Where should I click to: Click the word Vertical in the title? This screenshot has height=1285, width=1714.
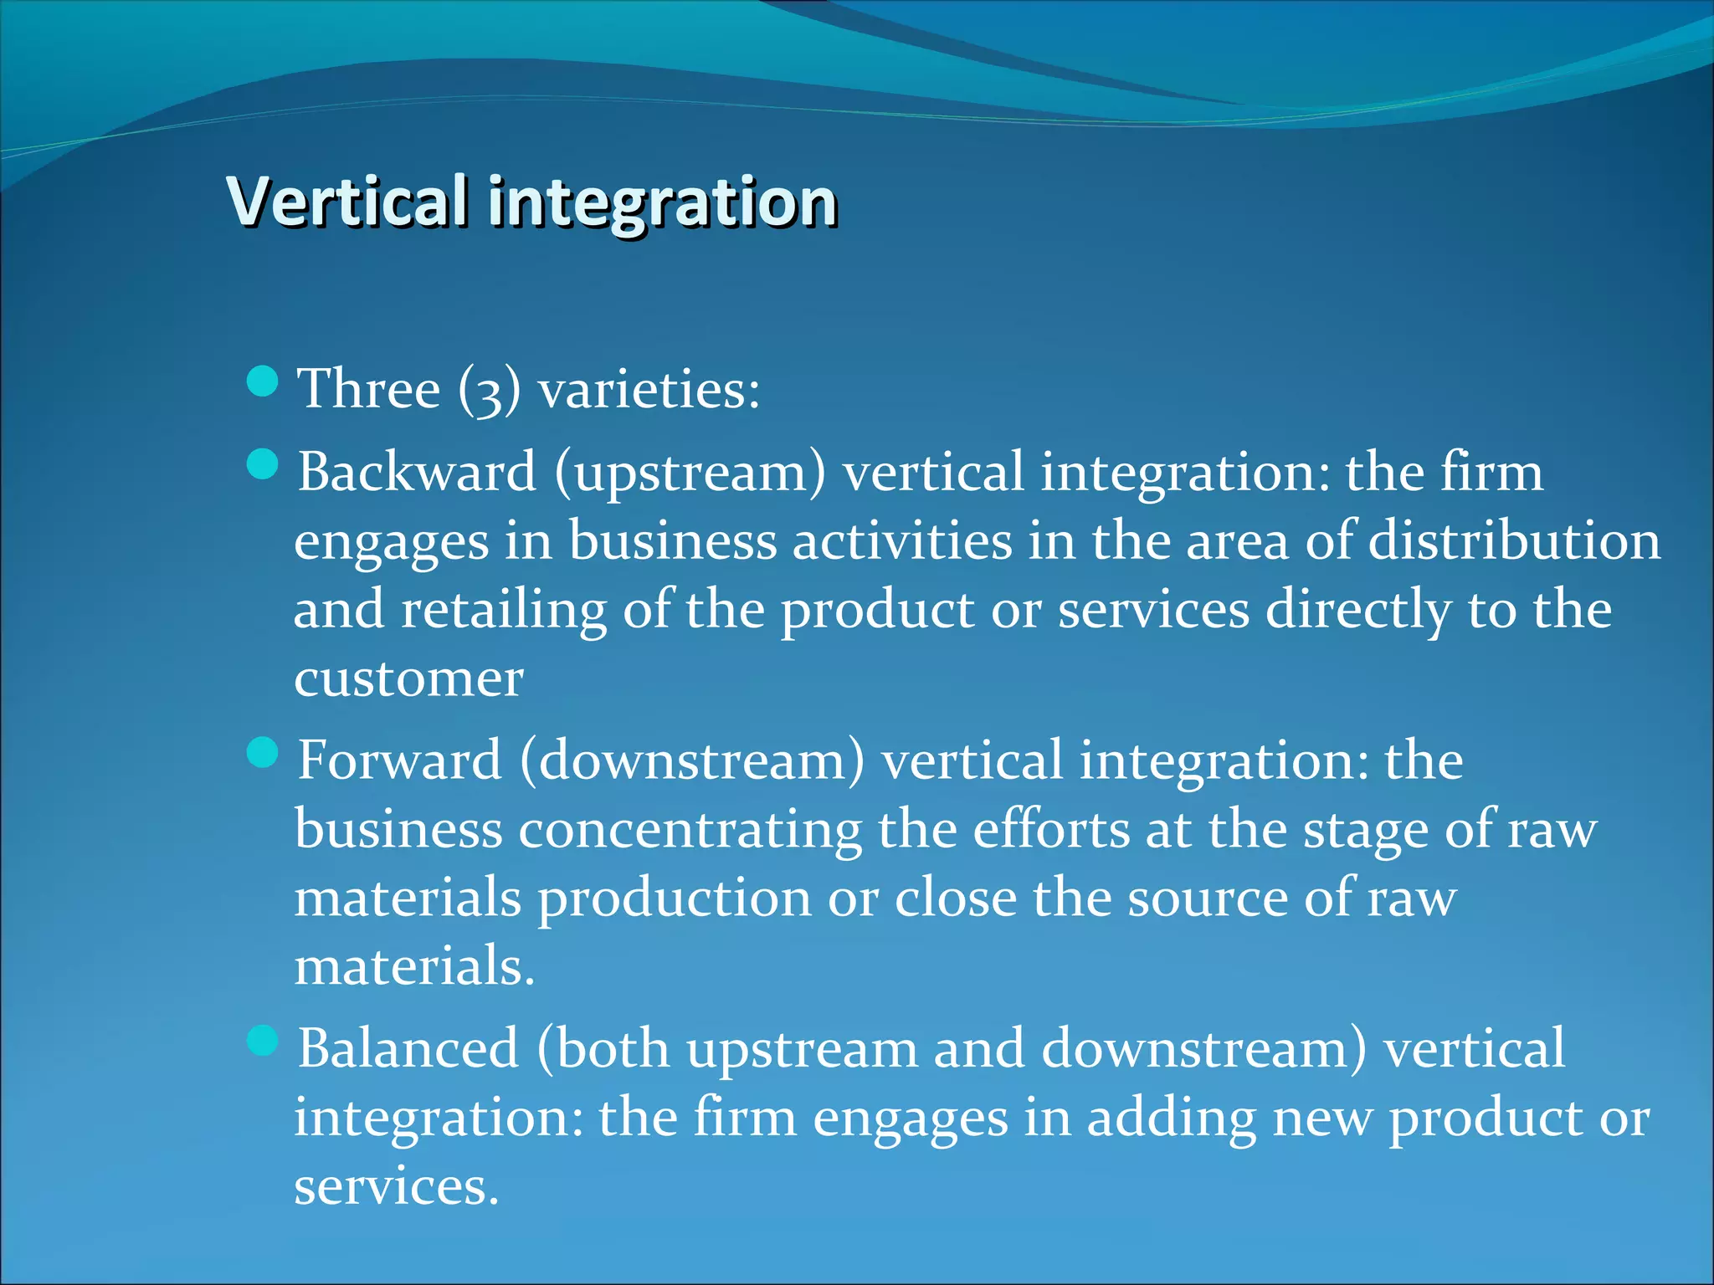coord(347,202)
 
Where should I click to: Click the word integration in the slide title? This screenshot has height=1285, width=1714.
coord(662,202)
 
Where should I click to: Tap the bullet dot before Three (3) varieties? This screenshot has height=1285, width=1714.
coord(263,381)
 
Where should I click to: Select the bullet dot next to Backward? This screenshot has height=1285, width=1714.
coord(263,464)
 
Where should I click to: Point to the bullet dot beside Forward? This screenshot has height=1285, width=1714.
coord(263,752)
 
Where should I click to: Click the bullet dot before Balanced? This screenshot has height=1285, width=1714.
coord(263,1041)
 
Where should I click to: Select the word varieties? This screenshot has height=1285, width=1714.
coord(649,390)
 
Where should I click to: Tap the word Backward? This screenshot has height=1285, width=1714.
coord(417,472)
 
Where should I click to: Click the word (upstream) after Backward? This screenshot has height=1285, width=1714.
coord(690,474)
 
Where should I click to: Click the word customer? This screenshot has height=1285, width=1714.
coord(408,678)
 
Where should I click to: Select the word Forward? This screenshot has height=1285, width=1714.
coord(399,760)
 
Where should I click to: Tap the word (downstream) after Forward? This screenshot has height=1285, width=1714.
coord(692,760)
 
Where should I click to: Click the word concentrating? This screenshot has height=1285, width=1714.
coord(690,831)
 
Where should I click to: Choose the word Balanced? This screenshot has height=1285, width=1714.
coord(408,1048)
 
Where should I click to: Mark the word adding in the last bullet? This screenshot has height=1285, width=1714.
coord(1172,1119)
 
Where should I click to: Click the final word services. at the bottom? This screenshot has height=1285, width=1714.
coord(397,1187)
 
